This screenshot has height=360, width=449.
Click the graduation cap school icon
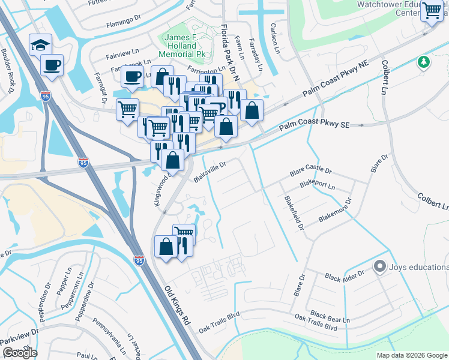coord(41,45)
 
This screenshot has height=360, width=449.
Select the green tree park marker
coord(424,62)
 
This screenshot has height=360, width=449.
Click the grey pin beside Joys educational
coord(379,266)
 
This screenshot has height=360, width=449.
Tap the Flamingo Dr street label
coord(124,26)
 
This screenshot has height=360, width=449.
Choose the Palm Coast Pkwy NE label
coord(334,79)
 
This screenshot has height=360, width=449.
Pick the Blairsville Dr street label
coord(209,172)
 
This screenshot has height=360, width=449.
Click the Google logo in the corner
coord(20,352)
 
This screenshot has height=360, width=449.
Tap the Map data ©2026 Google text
coord(411,355)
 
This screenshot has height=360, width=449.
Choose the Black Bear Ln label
coord(330,317)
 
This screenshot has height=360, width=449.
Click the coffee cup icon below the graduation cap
coord(52,65)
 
